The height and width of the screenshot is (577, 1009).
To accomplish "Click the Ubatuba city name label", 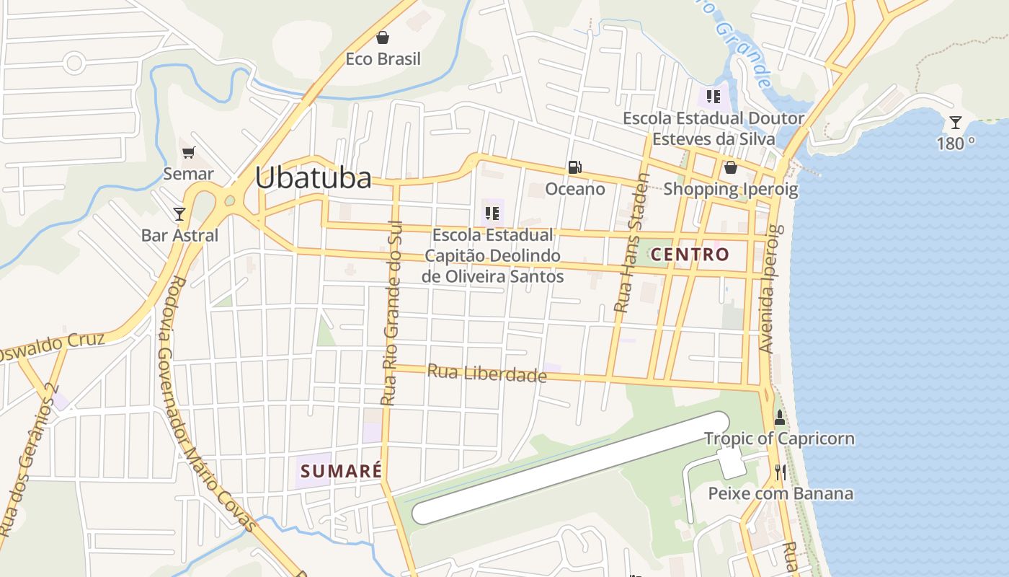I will [x=314, y=178].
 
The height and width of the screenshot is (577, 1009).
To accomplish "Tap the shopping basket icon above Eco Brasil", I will [x=383, y=38].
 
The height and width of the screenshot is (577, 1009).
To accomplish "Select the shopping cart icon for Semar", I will [x=188, y=152].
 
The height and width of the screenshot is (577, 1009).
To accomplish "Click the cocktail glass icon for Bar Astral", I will [x=179, y=213].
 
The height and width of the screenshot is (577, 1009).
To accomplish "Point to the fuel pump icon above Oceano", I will [x=574, y=168].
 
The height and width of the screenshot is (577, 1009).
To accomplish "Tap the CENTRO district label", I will [x=690, y=254].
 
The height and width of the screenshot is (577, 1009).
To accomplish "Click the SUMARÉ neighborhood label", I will [x=340, y=471].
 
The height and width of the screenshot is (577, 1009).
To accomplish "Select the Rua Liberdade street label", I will [x=487, y=374].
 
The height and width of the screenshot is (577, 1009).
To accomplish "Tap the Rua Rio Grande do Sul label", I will [x=392, y=313].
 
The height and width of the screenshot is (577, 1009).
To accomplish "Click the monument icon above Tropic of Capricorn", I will [x=779, y=417].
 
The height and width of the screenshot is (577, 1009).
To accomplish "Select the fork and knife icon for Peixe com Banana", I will [x=780, y=472].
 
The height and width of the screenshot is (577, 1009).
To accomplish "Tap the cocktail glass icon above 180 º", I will [x=955, y=123].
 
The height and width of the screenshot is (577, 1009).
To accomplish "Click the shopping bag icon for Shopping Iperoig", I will [x=731, y=168].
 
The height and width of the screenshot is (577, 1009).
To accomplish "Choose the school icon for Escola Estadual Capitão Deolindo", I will [x=492, y=213].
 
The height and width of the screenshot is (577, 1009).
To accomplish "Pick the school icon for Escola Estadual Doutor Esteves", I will [x=714, y=96].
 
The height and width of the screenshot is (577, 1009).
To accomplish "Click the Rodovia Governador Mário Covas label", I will [x=205, y=404].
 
